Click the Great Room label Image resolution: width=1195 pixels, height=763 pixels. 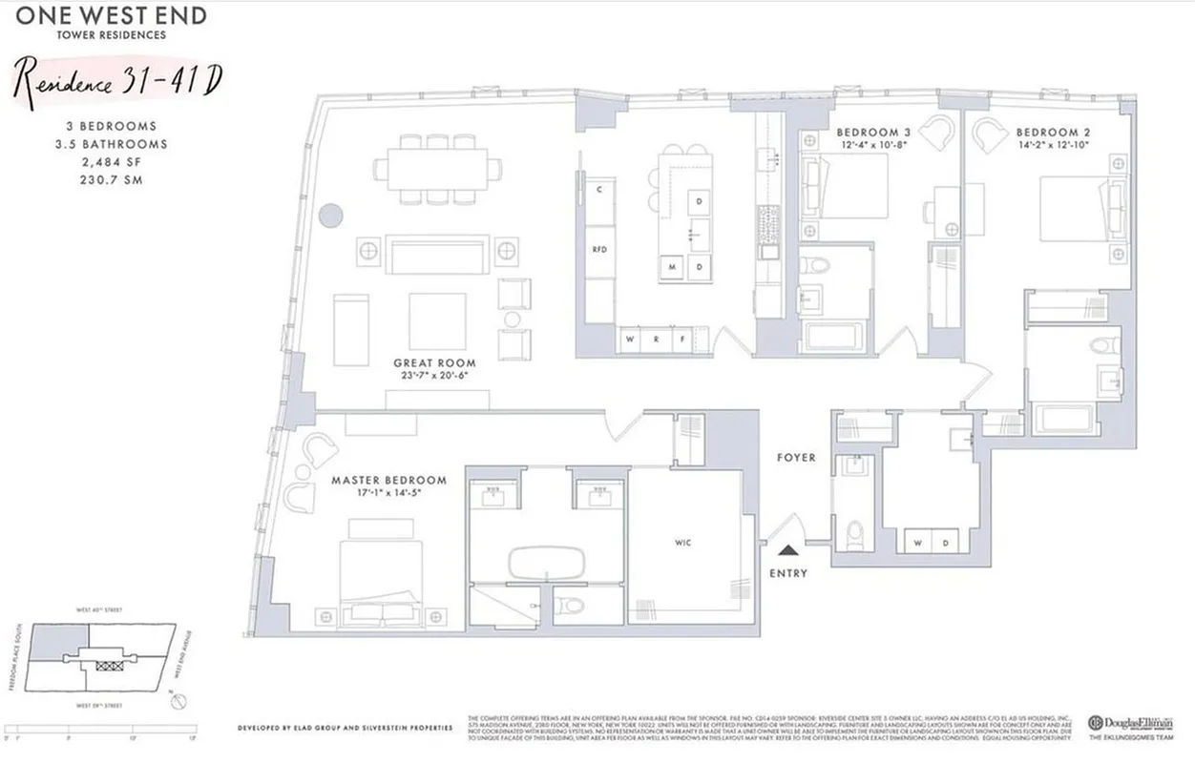[x=434, y=363]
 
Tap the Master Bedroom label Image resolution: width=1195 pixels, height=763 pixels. [x=388, y=480]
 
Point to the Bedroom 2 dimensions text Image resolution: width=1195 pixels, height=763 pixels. [x=1052, y=145]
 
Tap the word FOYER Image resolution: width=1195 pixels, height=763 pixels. [x=795, y=458]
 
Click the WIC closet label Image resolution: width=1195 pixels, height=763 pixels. [x=682, y=543]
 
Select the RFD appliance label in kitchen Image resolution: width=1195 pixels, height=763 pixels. [x=599, y=250]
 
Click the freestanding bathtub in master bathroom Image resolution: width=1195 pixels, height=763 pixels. [x=544, y=564]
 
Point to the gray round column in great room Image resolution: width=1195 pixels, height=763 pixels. [x=329, y=215]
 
